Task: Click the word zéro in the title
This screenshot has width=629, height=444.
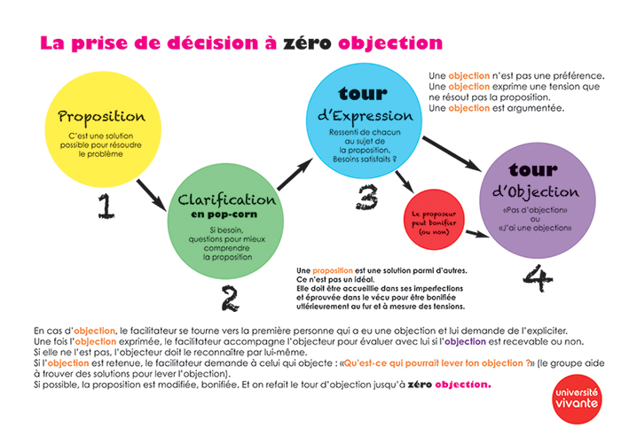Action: coord(307,43)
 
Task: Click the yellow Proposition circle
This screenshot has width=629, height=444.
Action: coord(103,129)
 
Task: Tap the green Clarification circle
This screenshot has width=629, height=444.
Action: coord(225,221)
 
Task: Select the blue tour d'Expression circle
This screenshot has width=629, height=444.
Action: coord(364,121)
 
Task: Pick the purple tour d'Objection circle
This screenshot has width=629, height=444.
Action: coord(538,200)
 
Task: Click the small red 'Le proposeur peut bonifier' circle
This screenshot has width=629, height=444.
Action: coord(434,220)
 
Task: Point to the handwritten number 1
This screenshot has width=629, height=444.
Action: coord(106,206)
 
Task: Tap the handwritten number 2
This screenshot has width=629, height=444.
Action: coord(231,298)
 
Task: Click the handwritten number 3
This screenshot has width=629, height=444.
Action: coord(367,197)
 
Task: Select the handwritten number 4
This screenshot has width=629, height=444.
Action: coord(538,277)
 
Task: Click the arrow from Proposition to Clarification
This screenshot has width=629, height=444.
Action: coord(151,195)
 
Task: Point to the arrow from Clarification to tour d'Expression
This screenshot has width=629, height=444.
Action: coord(295,174)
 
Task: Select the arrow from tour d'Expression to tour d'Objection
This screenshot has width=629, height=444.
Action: coord(452,154)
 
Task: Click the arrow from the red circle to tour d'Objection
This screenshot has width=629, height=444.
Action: coord(478,234)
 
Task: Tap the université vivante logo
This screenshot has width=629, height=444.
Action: coord(577,399)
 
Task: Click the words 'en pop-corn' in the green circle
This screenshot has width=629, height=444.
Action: coord(224,214)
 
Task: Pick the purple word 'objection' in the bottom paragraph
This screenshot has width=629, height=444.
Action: coord(465,342)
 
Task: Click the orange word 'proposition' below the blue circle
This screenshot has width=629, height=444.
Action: coord(333,271)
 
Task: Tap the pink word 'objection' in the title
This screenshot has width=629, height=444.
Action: coord(390,43)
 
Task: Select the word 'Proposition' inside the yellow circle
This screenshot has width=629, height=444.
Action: coord(101,117)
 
